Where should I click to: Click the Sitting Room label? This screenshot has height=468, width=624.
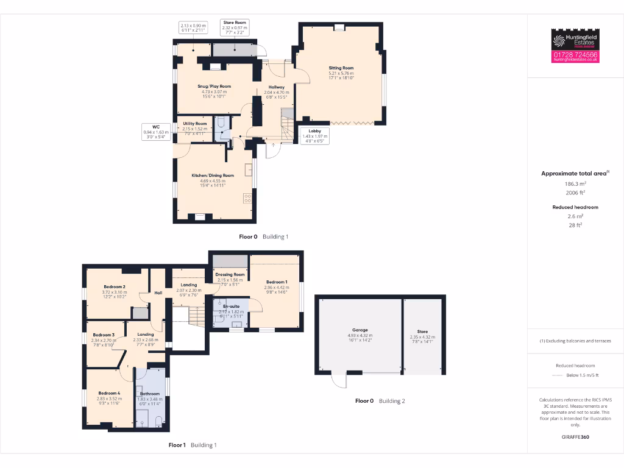(x=341, y=68)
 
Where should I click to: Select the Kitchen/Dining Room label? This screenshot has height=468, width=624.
(x=213, y=175)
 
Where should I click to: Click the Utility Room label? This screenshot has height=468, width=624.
(x=195, y=124)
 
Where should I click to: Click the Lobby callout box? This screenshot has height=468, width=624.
(x=315, y=136)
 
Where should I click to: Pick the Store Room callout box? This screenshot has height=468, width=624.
(x=235, y=28)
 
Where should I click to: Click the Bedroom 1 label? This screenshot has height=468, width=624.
(x=276, y=282)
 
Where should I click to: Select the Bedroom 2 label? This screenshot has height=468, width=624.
(x=115, y=287)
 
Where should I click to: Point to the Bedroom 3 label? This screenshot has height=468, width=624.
(x=104, y=335)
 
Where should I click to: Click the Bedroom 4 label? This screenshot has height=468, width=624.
(x=110, y=394)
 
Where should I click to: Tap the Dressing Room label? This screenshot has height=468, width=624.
(x=230, y=275)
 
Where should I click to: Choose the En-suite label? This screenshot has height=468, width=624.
(x=231, y=306)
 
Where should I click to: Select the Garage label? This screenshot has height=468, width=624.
(x=360, y=330)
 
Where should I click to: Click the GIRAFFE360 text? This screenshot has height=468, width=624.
(x=575, y=437)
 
